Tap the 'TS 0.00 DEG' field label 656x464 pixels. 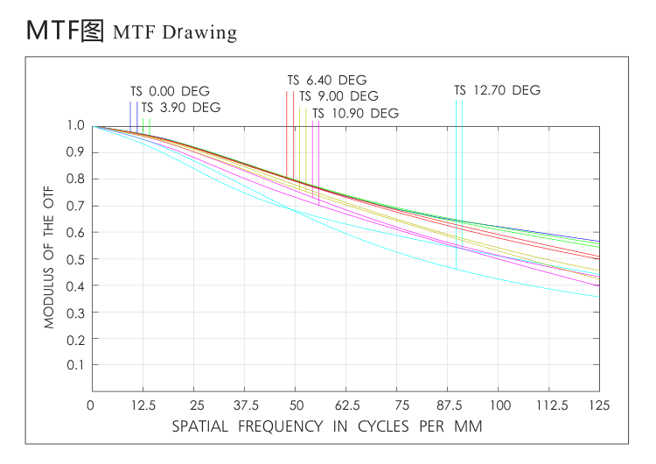[170, 91]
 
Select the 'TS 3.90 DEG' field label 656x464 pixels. [181, 108]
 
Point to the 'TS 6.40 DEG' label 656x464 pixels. [327, 80]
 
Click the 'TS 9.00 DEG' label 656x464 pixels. [339, 96]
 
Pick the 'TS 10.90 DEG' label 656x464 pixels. [355, 113]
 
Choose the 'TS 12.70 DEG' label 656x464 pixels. [497, 90]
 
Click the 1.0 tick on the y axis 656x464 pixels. [75, 126]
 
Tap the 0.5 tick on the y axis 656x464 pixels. [75, 259]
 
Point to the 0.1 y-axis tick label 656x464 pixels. [75, 365]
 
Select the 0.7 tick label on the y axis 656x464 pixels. [75, 206]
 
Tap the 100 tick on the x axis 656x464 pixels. [499, 405]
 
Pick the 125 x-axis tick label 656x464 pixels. [600, 405]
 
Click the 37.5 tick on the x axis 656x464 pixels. [246, 405]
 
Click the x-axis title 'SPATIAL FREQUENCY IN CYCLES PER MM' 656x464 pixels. [327, 426]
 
